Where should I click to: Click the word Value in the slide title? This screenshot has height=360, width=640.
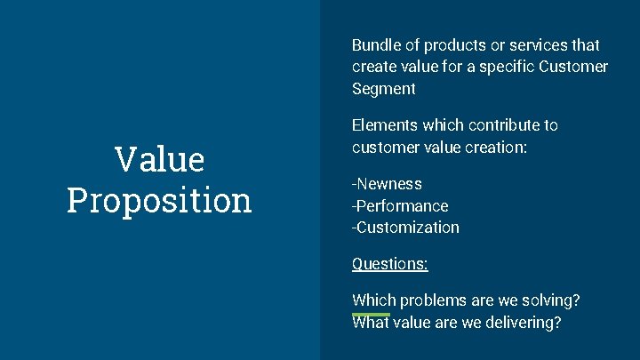(x=160, y=160)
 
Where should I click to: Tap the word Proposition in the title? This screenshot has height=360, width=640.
(x=160, y=201)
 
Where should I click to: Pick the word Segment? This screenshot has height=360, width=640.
(x=383, y=89)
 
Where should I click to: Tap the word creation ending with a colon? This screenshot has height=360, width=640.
(x=500, y=148)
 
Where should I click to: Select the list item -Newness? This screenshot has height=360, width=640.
(x=387, y=184)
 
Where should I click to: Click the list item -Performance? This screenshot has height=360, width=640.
(x=400, y=206)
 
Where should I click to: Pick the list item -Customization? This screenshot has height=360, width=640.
(x=405, y=228)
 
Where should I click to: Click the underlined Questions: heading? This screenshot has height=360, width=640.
(x=389, y=264)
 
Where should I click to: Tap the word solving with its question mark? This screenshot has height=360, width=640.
(x=553, y=300)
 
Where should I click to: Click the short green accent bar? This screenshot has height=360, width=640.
(x=371, y=314)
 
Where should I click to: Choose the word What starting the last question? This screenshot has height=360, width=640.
(x=371, y=324)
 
